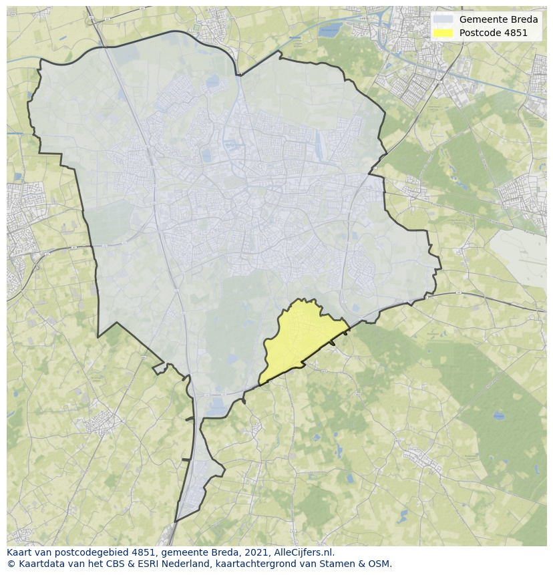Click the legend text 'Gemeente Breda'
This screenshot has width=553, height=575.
pyautogui.click(x=498, y=19)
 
